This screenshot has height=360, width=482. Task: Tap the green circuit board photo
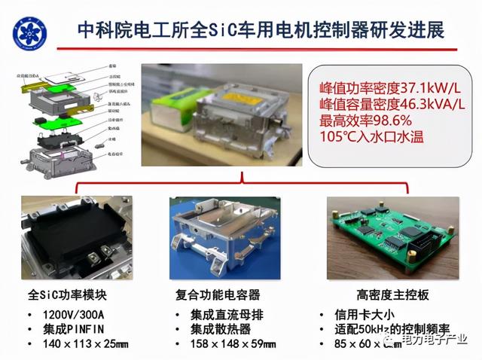pos(392,238)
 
